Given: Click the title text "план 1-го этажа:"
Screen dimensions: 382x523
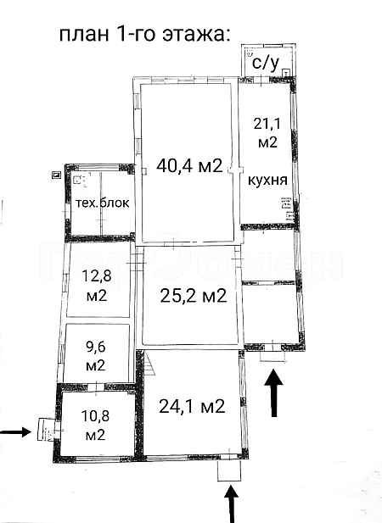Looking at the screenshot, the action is pos(144,35).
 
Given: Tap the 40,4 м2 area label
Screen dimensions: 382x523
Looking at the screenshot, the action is pos(189,165).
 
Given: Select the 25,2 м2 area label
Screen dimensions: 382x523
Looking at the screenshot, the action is pos(194,295).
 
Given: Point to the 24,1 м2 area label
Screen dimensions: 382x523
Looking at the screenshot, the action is pos(192,406).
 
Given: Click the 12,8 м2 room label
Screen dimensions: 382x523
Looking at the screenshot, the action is pos(97,286).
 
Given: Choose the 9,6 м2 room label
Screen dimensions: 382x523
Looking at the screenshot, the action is pos(96,356).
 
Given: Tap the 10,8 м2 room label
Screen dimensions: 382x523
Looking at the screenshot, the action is pos(95,426).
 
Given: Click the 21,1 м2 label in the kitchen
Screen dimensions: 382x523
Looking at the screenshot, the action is pos(267,133).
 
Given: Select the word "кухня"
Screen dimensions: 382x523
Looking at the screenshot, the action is pos(267,180).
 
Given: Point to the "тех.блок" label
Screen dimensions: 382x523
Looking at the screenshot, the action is pos(102,203).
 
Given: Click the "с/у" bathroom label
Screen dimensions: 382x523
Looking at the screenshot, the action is pos(266,63).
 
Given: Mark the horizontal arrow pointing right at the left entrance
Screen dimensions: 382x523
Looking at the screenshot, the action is pos(15,432).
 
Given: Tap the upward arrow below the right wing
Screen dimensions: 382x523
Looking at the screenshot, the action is pos(274,392).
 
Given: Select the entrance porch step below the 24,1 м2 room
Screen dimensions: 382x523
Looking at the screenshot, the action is pos(229,471).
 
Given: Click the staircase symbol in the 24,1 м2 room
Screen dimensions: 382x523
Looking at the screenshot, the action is pos(150,364).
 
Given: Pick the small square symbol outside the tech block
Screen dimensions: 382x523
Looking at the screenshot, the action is pos(56,175).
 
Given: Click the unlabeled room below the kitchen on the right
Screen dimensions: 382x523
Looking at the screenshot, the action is pos(272,314).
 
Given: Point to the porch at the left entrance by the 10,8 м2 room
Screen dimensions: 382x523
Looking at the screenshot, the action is pos(45,430).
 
